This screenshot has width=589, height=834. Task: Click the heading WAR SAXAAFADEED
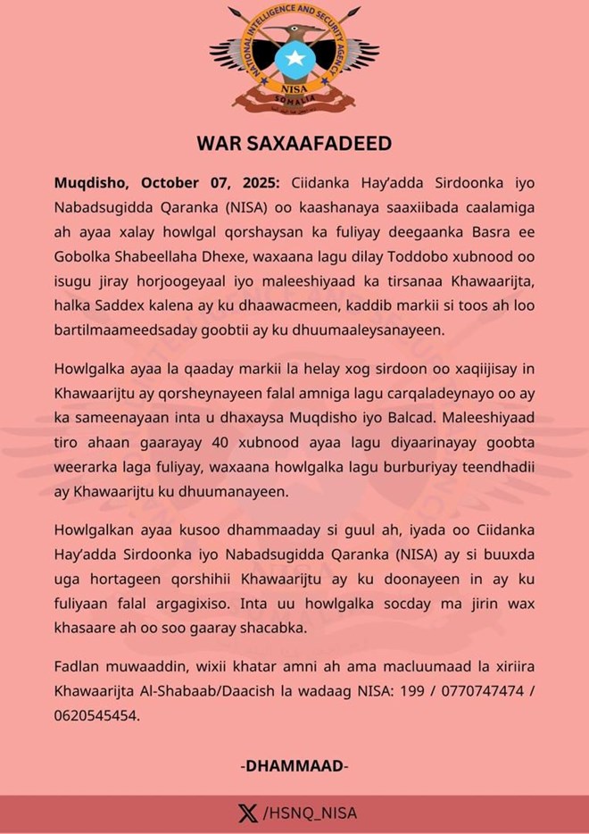tap(294, 143)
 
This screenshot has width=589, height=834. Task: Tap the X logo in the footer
tap(247, 813)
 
